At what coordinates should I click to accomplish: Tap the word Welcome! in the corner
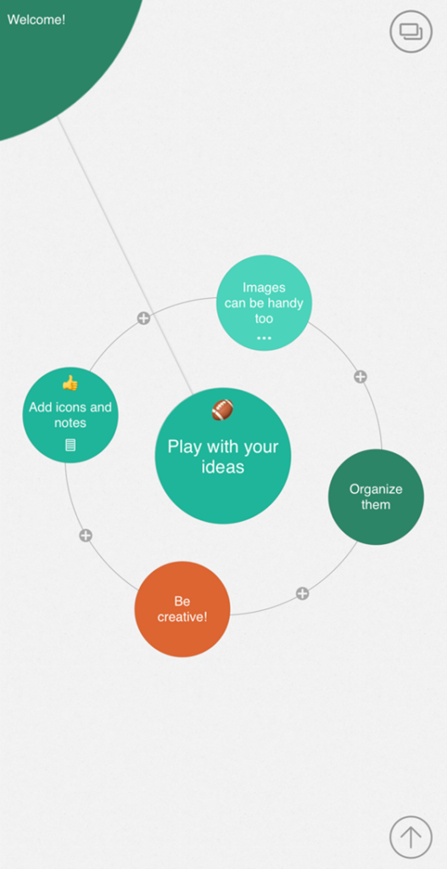tap(36, 20)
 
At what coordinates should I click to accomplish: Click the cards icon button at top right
tap(411, 31)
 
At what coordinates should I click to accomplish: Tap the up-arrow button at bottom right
tap(411, 837)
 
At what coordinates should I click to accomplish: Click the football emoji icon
tap(223, 410)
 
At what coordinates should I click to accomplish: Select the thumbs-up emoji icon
tap(70, 383)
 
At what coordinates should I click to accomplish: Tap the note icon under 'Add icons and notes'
tap(70, 445)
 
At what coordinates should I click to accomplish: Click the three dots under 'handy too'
tap(264, 338)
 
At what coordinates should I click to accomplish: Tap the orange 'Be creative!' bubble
tap(182, 609)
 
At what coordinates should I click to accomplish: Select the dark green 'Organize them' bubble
tap(376, 496)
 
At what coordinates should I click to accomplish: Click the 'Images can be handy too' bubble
tap(264, 303)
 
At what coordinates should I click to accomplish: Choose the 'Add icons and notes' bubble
tap(70, 415)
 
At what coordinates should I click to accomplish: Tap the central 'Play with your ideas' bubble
tap(223, 456)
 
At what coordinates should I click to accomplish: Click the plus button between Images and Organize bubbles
tap(360, 377)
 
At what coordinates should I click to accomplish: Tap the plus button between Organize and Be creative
tap(302, 593)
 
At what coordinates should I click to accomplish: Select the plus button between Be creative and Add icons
tap(86, 535)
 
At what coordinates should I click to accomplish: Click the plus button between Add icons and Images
tap(143, 318)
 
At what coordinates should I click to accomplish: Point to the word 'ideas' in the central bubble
tap(223, 467)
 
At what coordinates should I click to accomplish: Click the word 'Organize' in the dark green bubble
tap(376, 490)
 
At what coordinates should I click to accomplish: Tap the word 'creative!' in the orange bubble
tap(182, 616)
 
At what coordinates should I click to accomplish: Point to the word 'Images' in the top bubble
tap(264, 288)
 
